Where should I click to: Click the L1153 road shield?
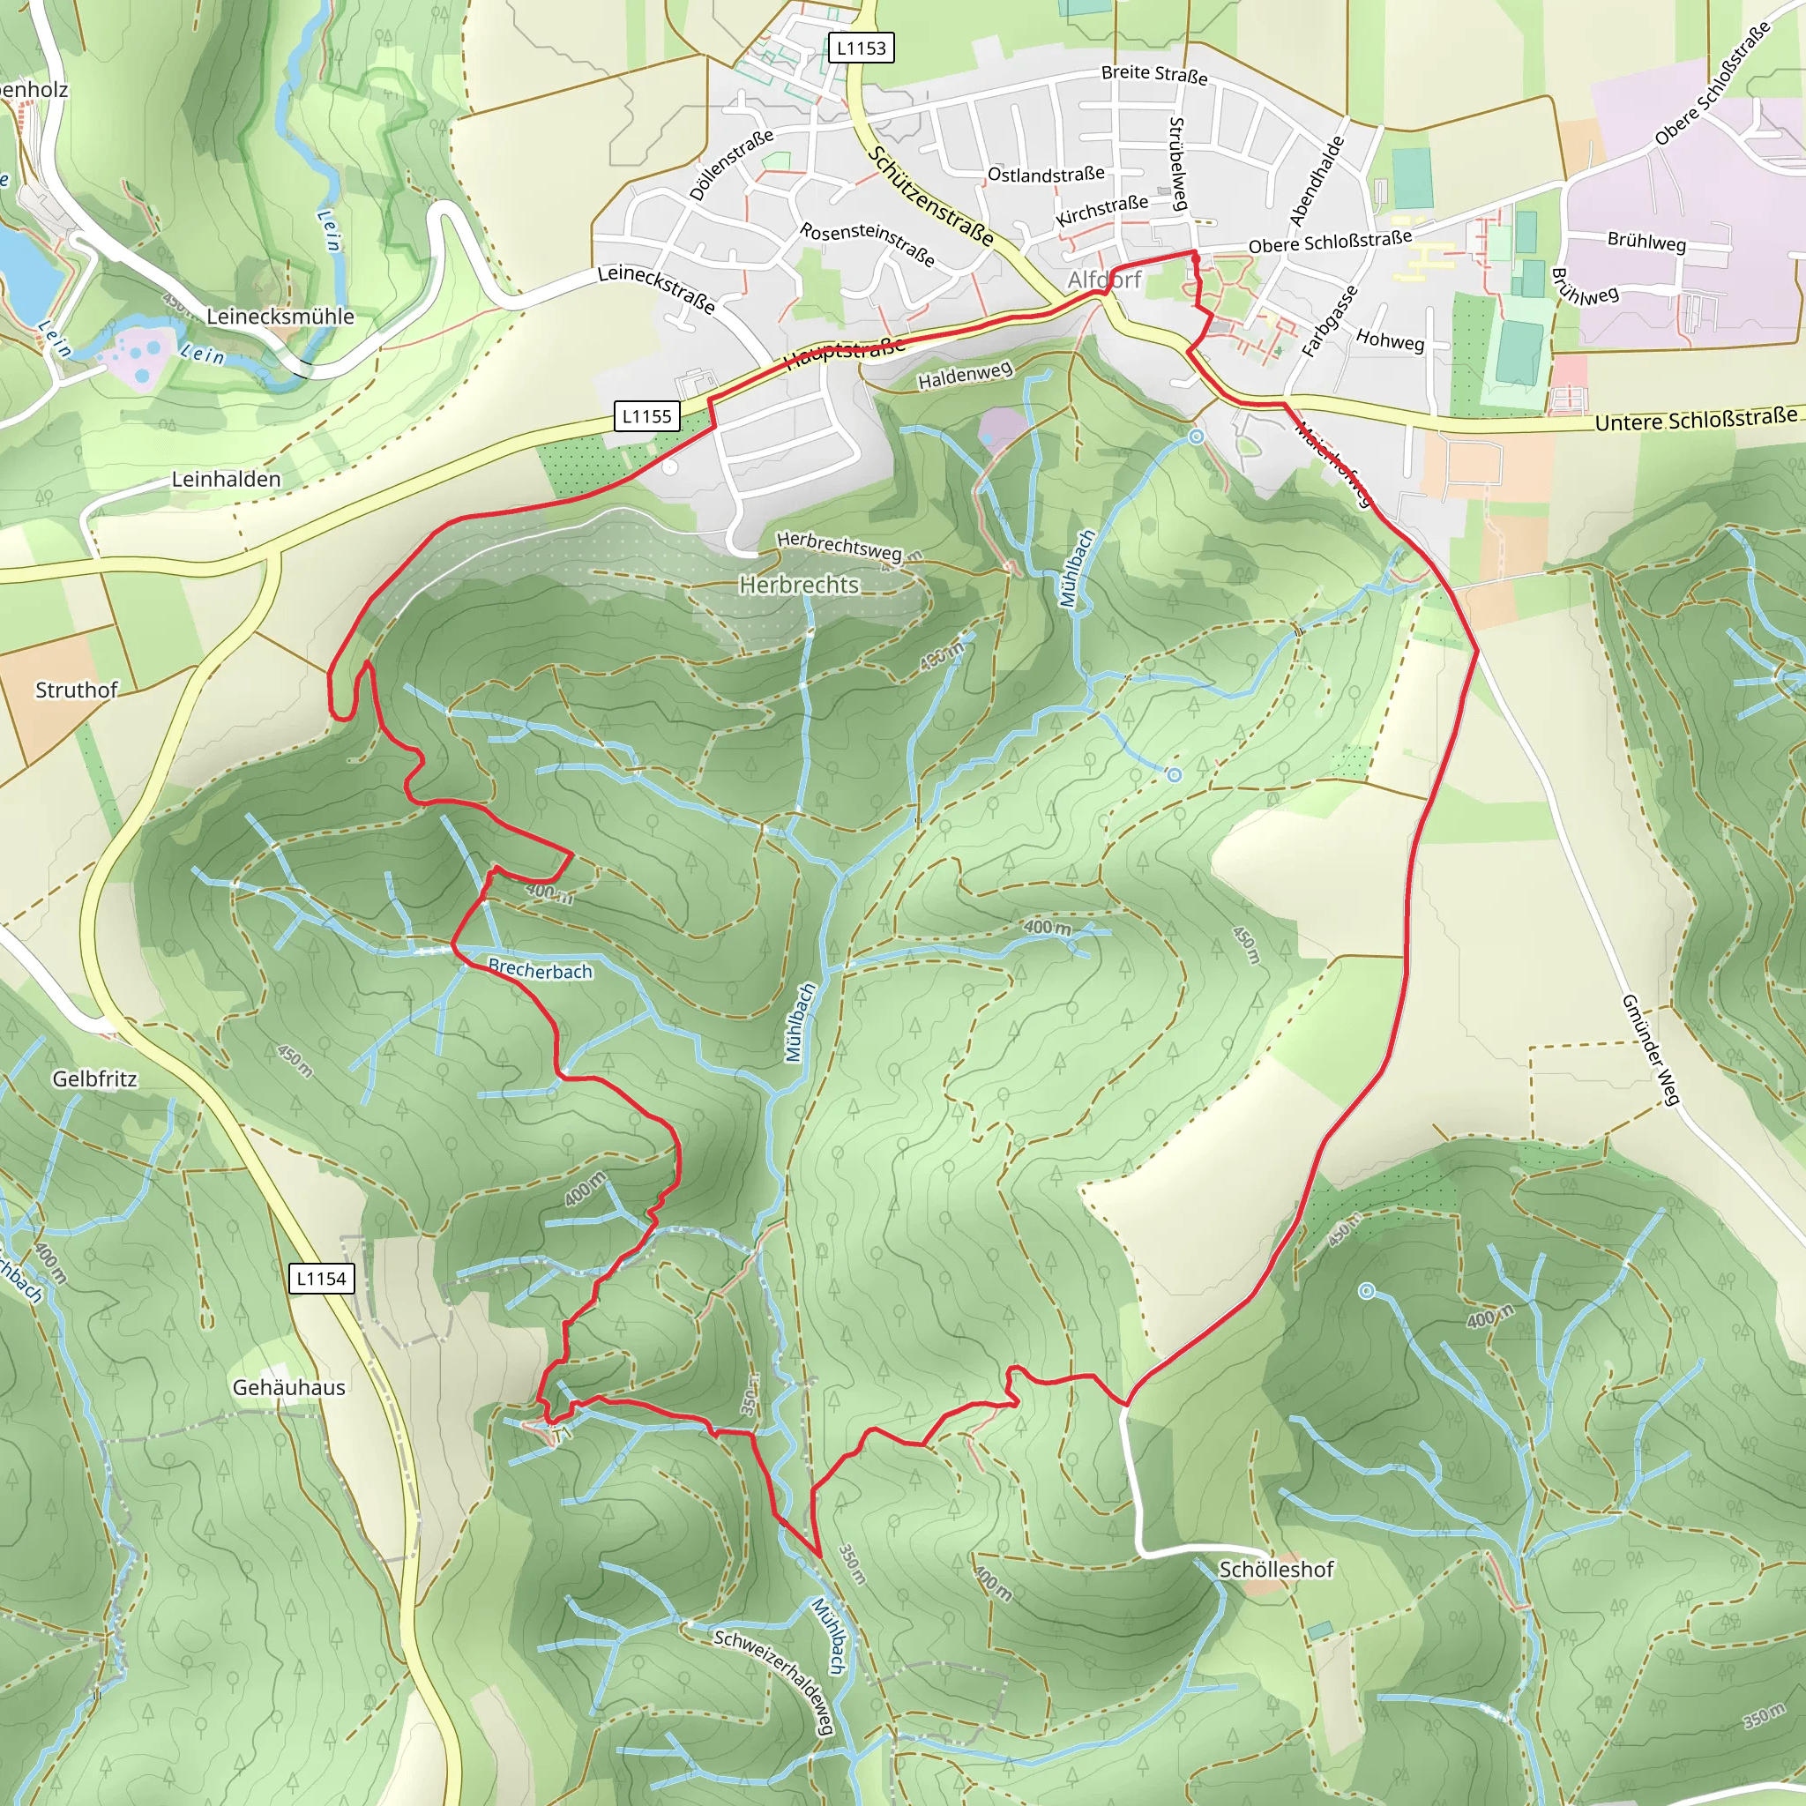coord(861,48)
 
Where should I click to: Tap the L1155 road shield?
coord(647,416)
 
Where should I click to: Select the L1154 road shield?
coord(322,1278)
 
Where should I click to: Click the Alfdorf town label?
coord(1105,280)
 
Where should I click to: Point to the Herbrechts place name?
coord(798,586)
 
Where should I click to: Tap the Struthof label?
coord(77,690)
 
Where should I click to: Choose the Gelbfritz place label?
coord(94,1078)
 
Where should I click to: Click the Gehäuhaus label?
coord(289,1387)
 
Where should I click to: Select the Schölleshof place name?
coord(1276,1570)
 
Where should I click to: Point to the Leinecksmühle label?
coord(280,316)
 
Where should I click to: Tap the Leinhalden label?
coord(227,480)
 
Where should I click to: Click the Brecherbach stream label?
coord(541,970)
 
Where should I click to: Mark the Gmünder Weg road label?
coord(1652,1050)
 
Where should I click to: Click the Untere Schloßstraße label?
coord(1696,419)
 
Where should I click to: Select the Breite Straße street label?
coord(1153,74)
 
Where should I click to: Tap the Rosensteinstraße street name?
coord(867,244)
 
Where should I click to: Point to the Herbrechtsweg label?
coord(839,545)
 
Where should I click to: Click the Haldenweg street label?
coord(965,376)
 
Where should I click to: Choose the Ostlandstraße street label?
coord(1046,175)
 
